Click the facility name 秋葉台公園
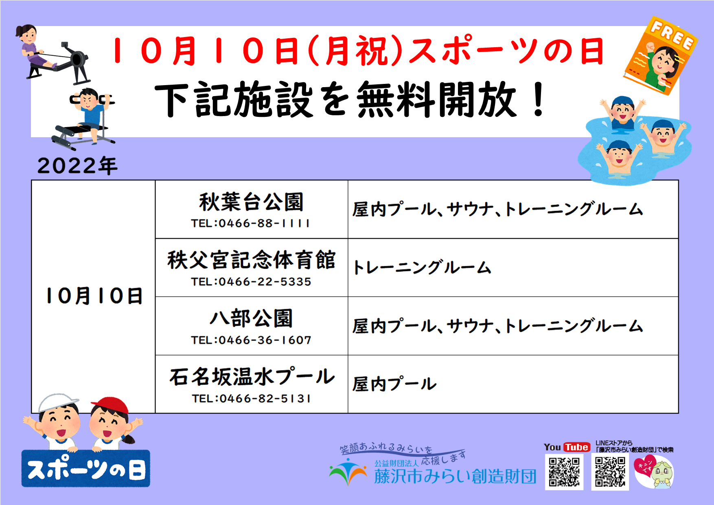click(251, 202)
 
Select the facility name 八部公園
click(251, 318)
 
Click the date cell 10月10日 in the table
click(94, 296)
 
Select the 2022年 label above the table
click(77, 166)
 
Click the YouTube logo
click(567, 447)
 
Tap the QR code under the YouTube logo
click(564, 472)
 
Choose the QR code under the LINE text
click(610, 472)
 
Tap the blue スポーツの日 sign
click(86, 469)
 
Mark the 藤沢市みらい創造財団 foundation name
click(455, 476)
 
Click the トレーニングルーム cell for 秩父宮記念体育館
click(422, 268)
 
